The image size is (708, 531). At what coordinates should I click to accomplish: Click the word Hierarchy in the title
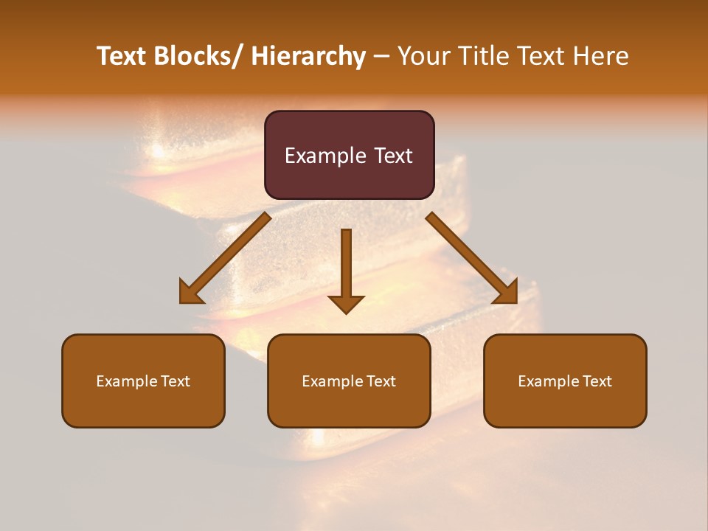click(x=308, y=56)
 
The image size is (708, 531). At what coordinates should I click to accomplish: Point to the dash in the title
click(x=381, y=56)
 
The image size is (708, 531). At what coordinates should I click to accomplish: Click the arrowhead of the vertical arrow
click(x=346, y=303)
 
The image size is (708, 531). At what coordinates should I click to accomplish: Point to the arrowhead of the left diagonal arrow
click(x=190, y=292)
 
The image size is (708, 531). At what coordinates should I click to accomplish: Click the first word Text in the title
click(x=122, y=56)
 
